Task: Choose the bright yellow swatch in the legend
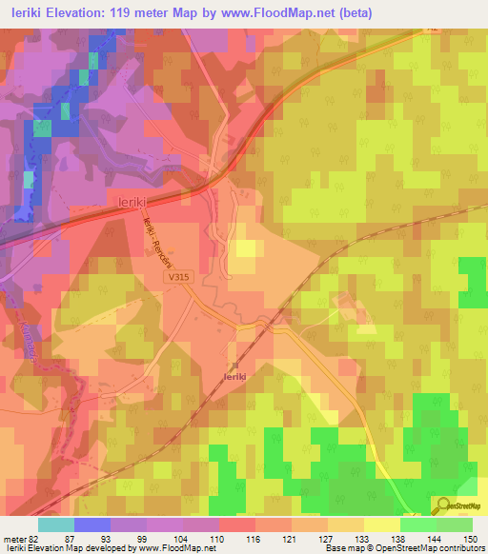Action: pos(382,524)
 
